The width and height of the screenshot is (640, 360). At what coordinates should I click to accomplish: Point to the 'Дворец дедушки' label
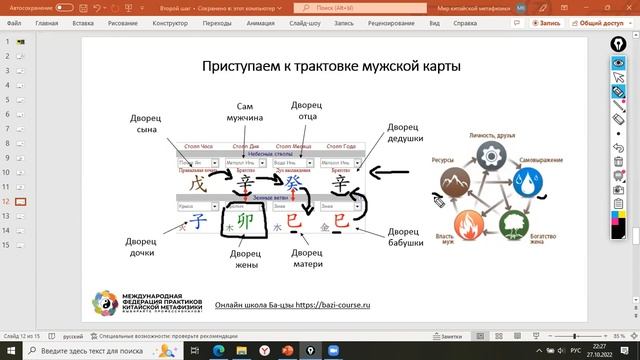(x=406, y=135)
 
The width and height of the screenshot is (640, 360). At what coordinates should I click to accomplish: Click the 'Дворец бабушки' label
(x=406, y=233)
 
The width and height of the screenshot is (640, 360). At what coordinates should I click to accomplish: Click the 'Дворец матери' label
(x=306, y=257)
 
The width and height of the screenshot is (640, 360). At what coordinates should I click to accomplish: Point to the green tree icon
(x=515, y=222)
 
